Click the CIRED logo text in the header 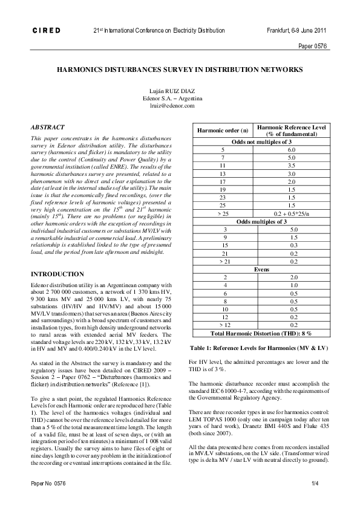tap(42, 30)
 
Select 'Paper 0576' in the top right tap(313, 46)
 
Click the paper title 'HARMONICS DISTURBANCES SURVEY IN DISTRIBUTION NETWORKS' tap(180, 70)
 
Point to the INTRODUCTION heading tap(57, 274)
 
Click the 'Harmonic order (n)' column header tap(218, 131)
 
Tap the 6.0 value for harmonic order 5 tap(292, 149)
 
